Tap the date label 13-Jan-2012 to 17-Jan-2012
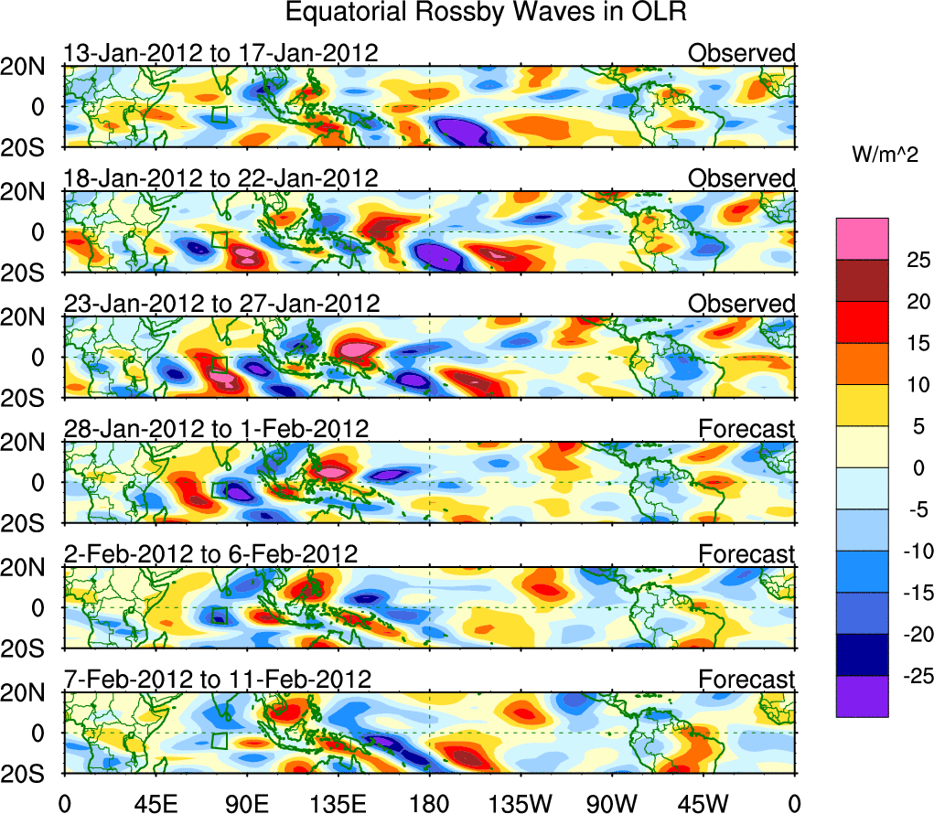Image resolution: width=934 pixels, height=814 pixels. tap(220, 53)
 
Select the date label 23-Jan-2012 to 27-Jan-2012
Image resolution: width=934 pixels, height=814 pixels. tap(220, 304)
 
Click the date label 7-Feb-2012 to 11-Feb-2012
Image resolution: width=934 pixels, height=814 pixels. tap(217, 680)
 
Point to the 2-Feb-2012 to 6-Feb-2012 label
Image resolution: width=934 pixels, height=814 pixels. tap(210, 554)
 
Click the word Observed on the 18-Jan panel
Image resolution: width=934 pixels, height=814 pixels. tap(741, 178)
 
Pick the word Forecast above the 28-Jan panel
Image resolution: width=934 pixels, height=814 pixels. tap(746, 429)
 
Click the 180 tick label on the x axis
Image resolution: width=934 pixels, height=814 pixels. tap(429, 802)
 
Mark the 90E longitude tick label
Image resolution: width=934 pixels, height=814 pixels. tap(246, 802)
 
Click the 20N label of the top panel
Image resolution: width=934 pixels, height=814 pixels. tap(29, 66)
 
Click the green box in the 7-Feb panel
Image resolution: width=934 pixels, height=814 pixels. tap(219, 740)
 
